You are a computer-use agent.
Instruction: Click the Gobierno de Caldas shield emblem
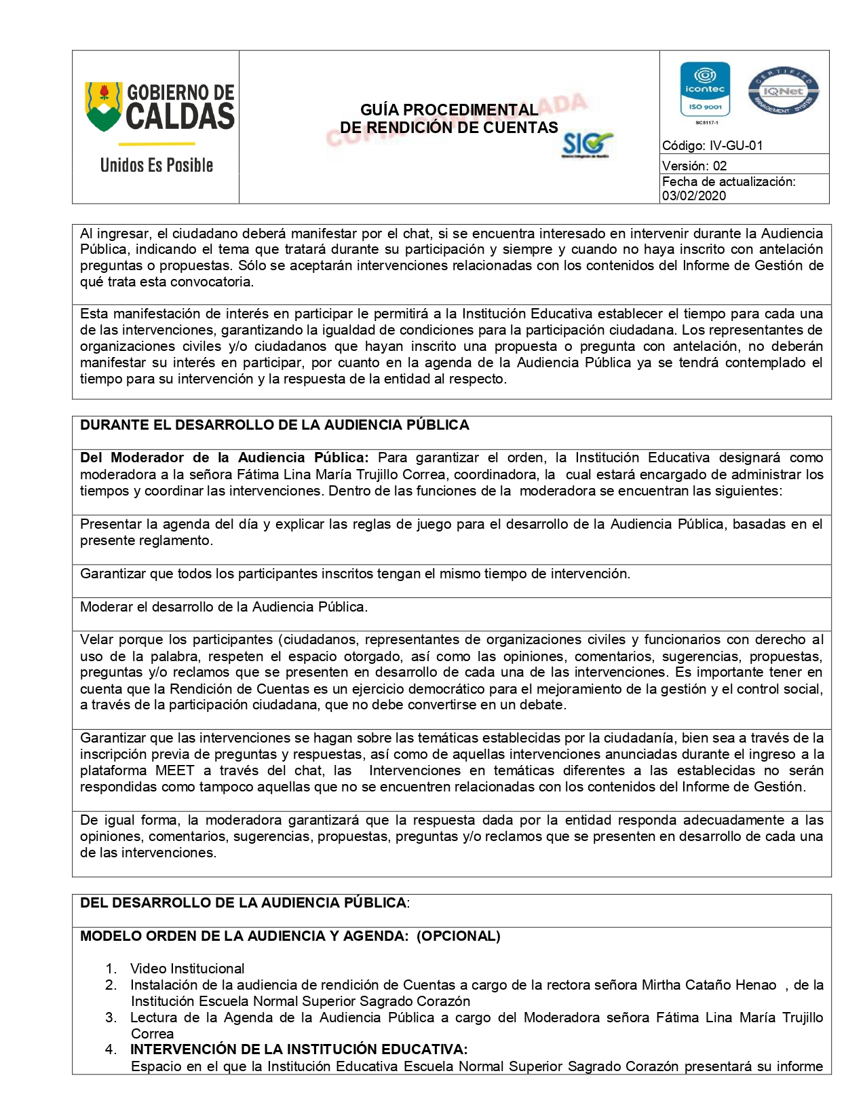[x=104, y=106]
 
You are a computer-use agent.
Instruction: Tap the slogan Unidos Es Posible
[x=156, y=165]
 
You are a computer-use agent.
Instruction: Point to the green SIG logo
[x=586, y=144]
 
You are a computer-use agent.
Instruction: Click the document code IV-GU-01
[x=735, y=145]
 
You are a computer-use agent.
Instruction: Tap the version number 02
[x=719, y=166]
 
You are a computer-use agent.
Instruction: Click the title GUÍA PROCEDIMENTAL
[x=448, y=110]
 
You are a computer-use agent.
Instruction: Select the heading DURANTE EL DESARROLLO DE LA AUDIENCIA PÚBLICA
[x=274, y=425]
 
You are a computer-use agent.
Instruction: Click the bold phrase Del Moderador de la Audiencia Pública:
[x=224, y=458]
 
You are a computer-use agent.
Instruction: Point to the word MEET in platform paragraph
[x=174, y=770]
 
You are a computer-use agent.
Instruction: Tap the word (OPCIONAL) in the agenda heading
[x=458, y=936]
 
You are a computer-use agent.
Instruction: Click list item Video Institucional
[x=187, y=969]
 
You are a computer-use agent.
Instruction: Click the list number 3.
[x=111, y=1018]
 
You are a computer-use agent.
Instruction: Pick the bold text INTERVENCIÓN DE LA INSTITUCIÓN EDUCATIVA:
[x=299, y=1049]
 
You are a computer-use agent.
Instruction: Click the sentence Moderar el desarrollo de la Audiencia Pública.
[x=224, y=607]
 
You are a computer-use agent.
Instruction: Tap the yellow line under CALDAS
[x=156, y=144]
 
